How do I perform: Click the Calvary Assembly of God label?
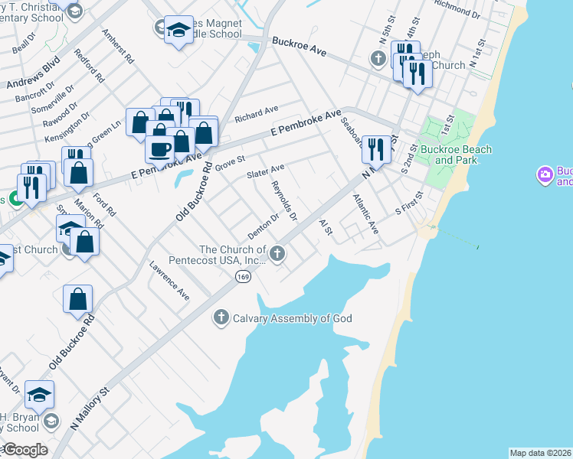click(292, 317)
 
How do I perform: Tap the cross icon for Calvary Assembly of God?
click(221, 317)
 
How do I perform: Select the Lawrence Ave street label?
click(169, 280)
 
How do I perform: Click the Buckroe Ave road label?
click(299, 47)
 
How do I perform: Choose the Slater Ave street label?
click(266, 171)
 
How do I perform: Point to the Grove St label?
click(229, 162)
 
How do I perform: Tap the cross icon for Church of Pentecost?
click(277, 253)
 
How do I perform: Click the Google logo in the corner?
click(25, 450)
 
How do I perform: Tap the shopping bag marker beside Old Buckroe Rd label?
click(78, 299)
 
